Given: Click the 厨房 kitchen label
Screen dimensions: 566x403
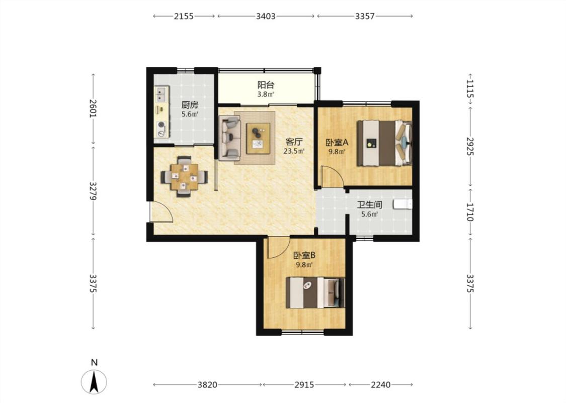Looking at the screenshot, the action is [190, 105].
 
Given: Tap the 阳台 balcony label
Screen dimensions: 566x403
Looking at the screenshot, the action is [266, 85].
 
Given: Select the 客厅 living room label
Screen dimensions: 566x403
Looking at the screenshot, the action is [294, 142].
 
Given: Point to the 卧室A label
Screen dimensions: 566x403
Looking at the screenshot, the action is [337, 142].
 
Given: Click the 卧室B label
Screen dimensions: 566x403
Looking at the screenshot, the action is [304, 255].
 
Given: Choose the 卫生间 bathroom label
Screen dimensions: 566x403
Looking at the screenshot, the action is [370, 205].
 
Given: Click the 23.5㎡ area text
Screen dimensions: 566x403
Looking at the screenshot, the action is [294, 151].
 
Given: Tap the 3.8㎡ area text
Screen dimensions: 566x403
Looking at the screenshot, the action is [266, 94].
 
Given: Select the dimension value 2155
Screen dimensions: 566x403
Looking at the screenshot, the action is [184, 16].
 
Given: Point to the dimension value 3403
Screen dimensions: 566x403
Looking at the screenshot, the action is [266, 16].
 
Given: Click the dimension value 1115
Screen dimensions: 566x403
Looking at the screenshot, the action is [469, 89].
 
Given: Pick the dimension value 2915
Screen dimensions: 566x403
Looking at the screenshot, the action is [304, 385].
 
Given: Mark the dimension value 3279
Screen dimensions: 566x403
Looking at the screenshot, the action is [94, 191].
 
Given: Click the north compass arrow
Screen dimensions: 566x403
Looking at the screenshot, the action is [94, 382].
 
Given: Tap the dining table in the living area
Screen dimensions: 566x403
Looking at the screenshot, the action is [185, 176].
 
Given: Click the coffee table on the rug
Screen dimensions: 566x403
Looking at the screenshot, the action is [258, 139].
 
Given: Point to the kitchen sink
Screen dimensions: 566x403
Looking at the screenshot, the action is [162, 94].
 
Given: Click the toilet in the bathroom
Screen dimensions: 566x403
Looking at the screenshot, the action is [403, 204].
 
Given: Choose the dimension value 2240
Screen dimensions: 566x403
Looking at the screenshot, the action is [380, 385].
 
